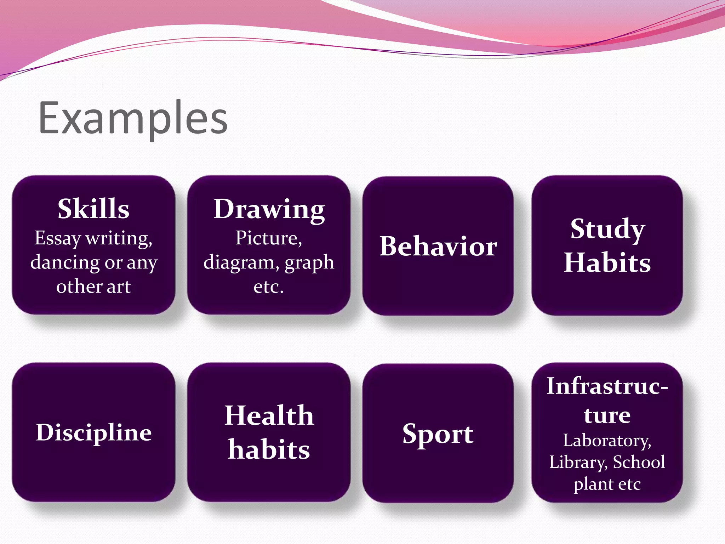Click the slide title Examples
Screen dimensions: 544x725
(133, 119)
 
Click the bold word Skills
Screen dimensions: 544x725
(93, 209)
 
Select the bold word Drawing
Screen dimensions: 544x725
(269, 210)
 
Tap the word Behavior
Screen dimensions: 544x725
(438, 246)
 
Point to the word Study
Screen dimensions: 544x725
(607, 229)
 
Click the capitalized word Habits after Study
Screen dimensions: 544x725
(607, 263)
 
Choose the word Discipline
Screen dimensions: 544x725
(94, 432)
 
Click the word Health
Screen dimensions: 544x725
(269, 416)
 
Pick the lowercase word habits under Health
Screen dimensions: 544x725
(269, 450)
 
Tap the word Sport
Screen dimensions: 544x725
(438, 434)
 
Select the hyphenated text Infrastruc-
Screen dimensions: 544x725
(607, 386)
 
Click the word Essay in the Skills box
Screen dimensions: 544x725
(58, 238)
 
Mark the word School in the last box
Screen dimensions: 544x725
(639, 462)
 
